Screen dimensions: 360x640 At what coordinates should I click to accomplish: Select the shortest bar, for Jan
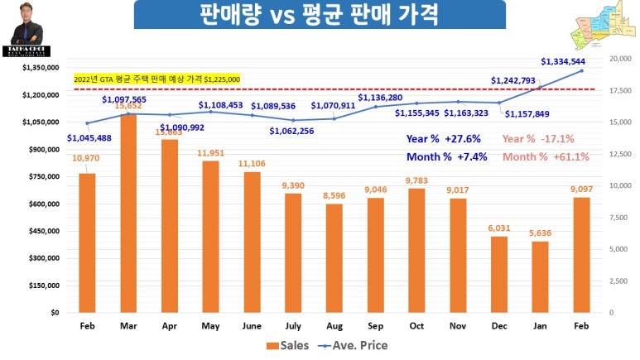(540, 277)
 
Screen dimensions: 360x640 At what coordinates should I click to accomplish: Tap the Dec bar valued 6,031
(498, 274)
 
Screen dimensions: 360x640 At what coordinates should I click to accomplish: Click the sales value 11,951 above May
(211, 153)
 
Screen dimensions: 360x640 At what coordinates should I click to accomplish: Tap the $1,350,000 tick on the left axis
(41, 68)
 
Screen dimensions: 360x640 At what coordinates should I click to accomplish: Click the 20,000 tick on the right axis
(620, 59)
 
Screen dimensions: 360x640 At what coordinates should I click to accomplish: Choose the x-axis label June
(252, 326)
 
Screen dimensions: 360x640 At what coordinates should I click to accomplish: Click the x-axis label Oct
(416, 326)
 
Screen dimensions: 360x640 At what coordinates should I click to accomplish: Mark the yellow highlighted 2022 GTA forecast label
(156, 79)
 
